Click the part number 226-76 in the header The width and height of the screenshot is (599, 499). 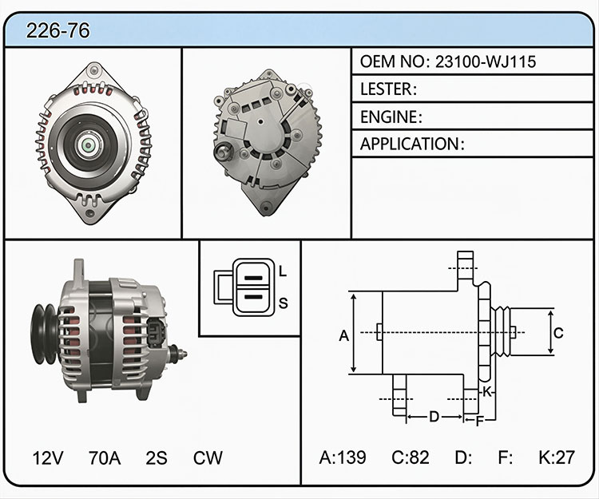point(58,30)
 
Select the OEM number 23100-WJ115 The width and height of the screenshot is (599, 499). point(486,61)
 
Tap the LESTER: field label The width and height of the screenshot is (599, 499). point(388,89)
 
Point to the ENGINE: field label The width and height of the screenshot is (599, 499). point(391,117)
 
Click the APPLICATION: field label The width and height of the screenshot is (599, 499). point(412,144)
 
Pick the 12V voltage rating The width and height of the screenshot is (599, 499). point(48,457)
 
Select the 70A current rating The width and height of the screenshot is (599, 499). point(105,457)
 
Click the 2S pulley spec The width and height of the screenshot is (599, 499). point(157,457)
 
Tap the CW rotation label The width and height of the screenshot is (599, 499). point(208,457)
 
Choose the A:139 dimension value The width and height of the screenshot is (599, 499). point(343,457)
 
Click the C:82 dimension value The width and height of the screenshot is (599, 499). point(411,457)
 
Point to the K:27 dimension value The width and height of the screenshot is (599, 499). point(557,457)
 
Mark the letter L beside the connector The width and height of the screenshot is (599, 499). point(282,271)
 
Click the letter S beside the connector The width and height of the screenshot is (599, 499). point(283,303)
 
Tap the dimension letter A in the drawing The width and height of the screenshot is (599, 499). point(344,335)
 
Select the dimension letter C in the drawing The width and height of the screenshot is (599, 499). point(558,333)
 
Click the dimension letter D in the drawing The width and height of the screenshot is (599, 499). point(434,417)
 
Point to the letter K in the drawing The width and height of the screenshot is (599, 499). point(486,391)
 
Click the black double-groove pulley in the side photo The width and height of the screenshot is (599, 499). point(45,335)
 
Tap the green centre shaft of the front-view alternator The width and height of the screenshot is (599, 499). point(88,145)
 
